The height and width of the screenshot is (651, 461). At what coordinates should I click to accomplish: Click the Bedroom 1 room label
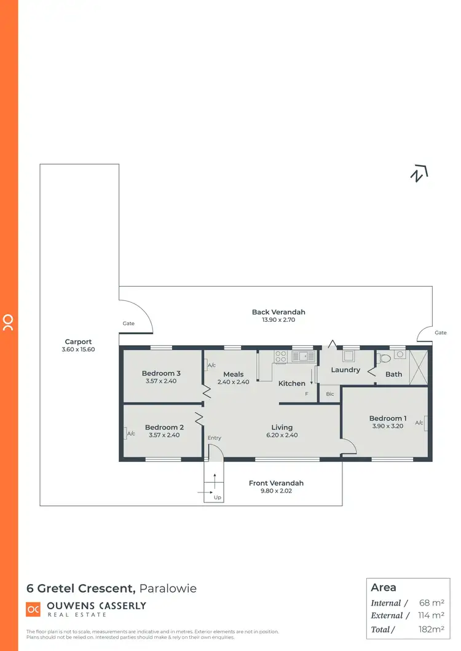click(x=388, y=418)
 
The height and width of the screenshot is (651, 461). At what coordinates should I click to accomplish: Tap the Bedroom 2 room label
click(x=164, y=427)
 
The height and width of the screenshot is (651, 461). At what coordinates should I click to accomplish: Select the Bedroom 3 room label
click(x=161, y=373)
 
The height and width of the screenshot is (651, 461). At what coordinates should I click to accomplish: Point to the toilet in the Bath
click(x=385, y=357)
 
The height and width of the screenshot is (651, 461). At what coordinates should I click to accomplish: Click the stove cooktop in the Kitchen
click(x=281, y=356)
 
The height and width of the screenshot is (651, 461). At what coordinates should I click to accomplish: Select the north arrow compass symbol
click(x=419, y=174)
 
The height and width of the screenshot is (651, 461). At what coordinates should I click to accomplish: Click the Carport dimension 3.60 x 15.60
click(x=78, y=349)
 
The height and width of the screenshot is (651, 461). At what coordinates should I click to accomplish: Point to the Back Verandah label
click(x=278, y=312)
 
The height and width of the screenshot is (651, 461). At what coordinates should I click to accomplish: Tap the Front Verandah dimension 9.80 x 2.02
click(x=276, y=491)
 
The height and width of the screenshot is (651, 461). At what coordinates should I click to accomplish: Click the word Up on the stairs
click(x=217, y=497)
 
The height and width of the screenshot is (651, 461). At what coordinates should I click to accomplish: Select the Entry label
click(x=214, y=438)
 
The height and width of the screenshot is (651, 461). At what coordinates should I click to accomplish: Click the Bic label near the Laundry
click(x=330, y=394)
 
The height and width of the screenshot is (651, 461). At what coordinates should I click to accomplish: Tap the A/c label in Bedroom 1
click(x=420, y=423)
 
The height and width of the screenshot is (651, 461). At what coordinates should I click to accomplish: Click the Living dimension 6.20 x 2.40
click(x=282, y=435)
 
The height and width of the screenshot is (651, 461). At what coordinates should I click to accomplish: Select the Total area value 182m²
click(x=431, y=629)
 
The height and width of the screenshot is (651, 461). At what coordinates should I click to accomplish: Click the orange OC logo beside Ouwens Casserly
click(x=33, y=609)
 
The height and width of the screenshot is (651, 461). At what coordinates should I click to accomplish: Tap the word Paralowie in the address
click(x=168, y=588)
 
